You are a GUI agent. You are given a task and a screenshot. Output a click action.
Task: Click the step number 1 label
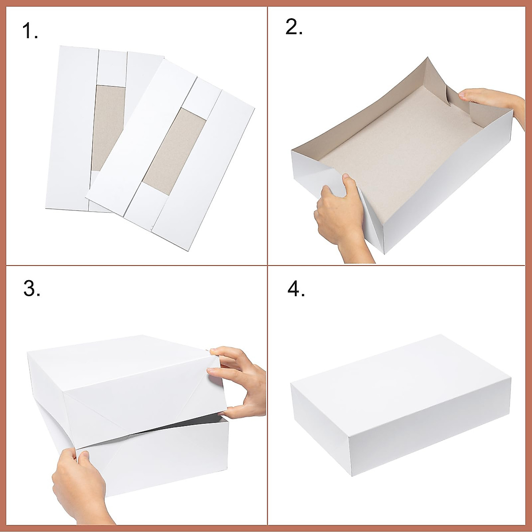click(x=30, y=31)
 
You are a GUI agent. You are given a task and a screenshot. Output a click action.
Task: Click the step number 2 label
click(x=294, y=27)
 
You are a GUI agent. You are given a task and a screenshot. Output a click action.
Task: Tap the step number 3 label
click(x=31, y=289)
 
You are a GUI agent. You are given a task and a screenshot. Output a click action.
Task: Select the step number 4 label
click(x=296, y=289)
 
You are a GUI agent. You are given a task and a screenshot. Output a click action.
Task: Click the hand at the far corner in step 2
click(x=488, y=100)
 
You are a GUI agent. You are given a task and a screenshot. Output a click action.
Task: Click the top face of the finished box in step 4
click(x=399, y=381)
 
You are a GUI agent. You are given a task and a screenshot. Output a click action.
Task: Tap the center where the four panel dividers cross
click(x=267, y=265)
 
